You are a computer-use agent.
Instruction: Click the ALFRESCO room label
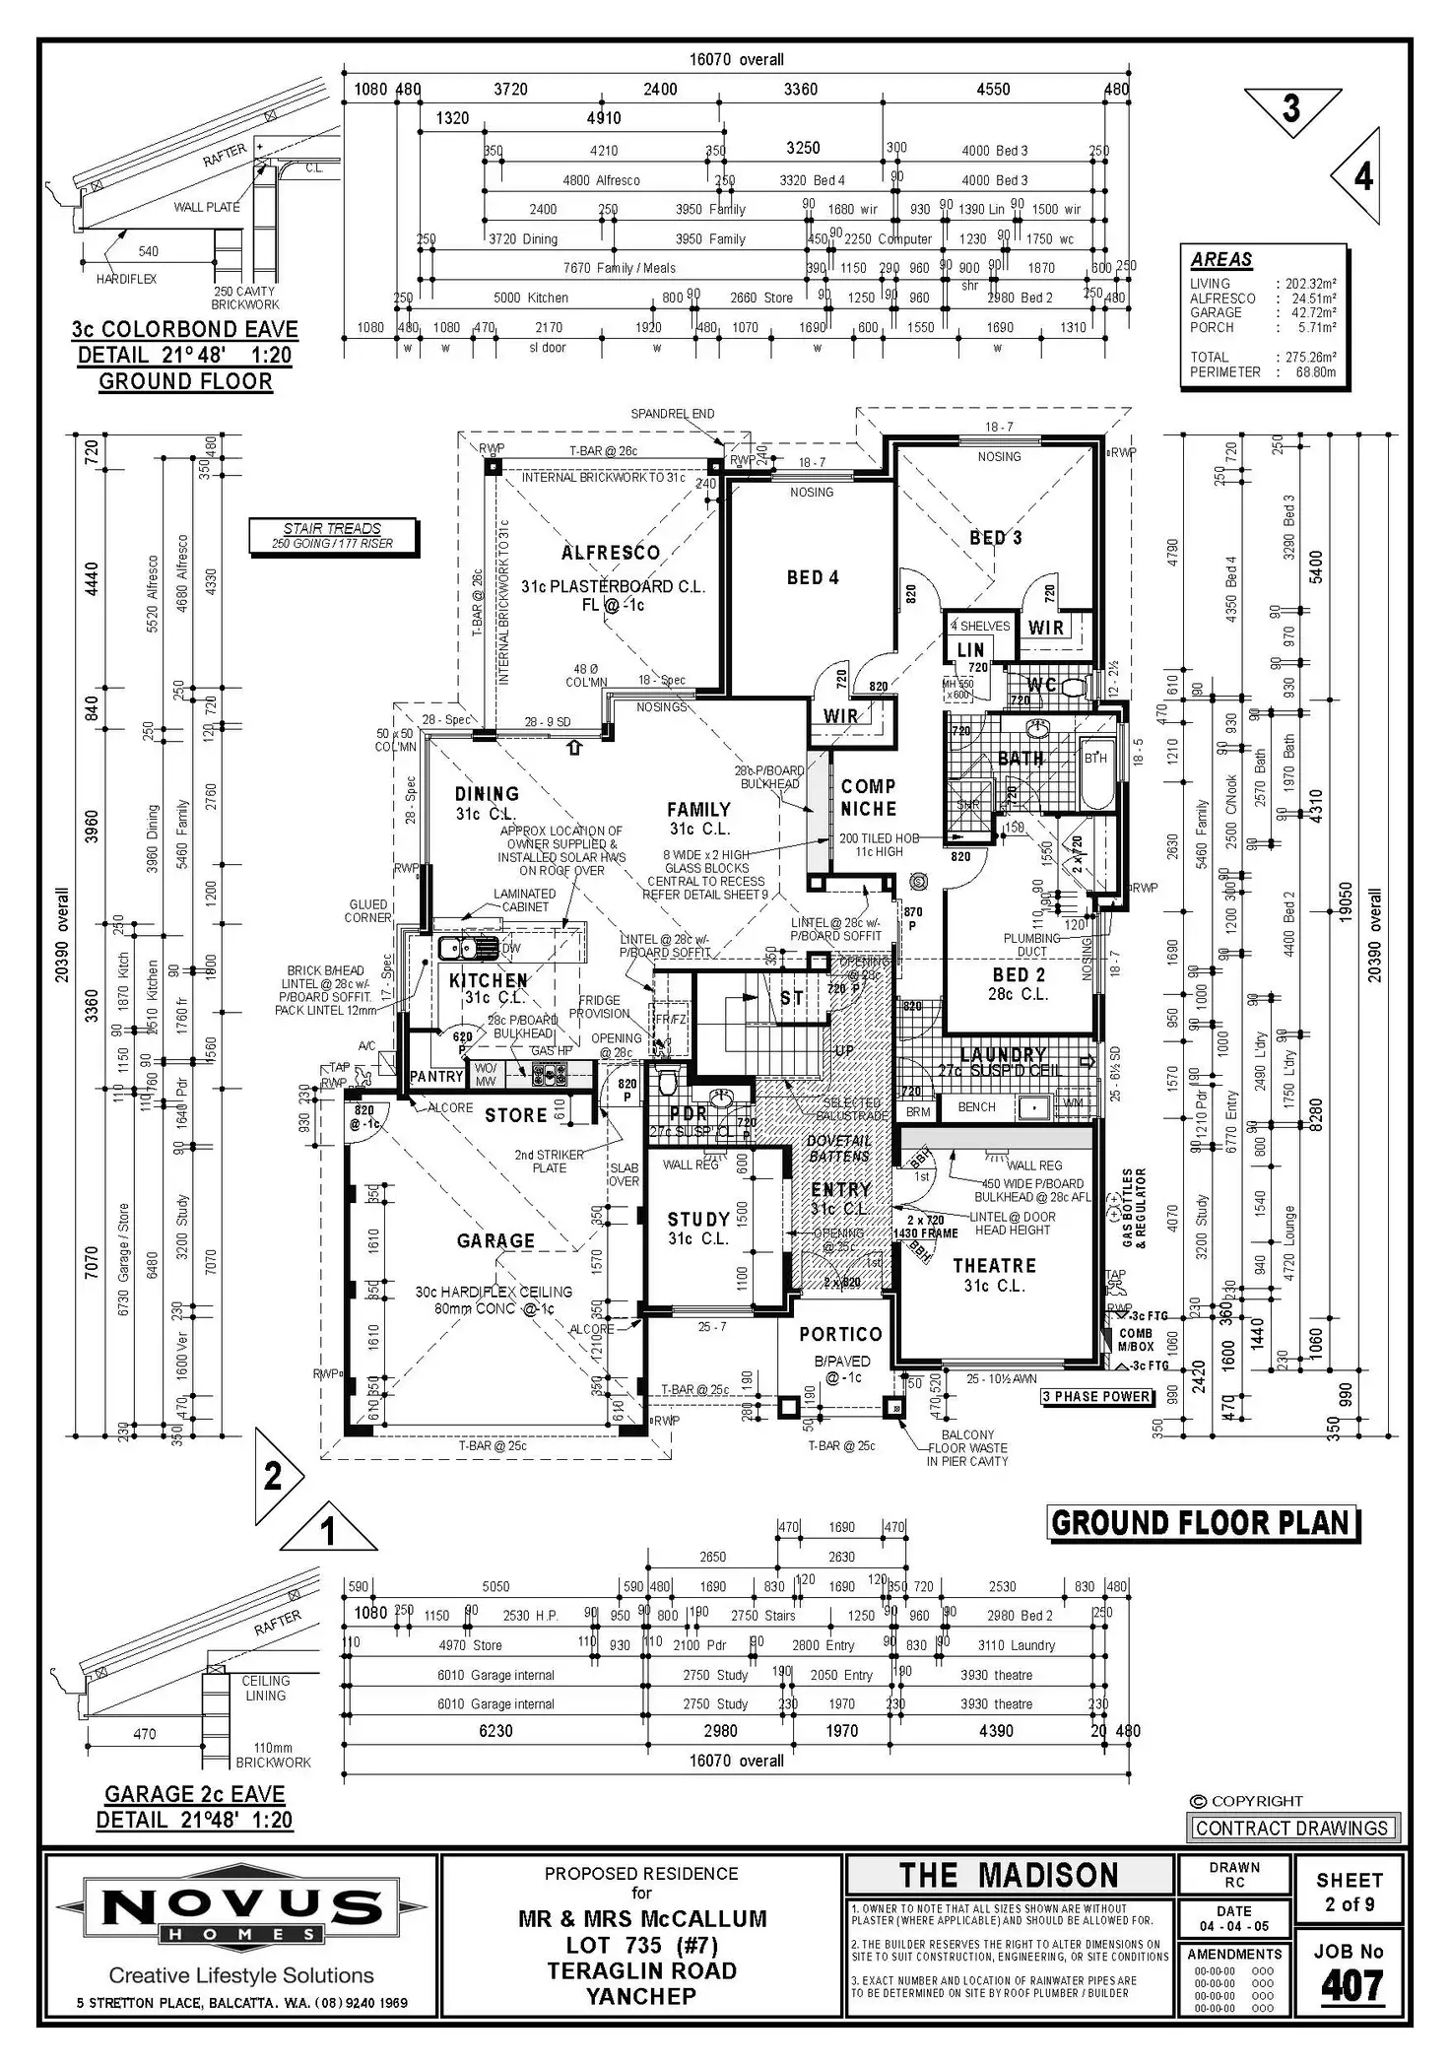click(x=611, y=553)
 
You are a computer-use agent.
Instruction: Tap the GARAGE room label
click(x=495, y=1240)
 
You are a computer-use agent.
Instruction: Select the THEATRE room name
click(x=994, y=1265)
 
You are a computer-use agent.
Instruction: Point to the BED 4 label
click(x=813, y=577)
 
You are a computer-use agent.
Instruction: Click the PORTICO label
click(x=840, y=1334)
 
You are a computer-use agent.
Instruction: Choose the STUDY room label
click(x=698, y=1219)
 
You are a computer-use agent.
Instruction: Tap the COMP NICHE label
click(x=868, y=797)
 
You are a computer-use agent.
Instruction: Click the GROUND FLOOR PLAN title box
click(x=1201, y=1523)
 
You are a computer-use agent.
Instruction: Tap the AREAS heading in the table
click(x=1221, y=259)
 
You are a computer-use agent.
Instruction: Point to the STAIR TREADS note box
click(x=332, y=536)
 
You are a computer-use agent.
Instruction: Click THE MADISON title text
click(x=1009, y=1875)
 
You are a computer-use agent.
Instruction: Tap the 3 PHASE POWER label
click(x=1096, y=1396)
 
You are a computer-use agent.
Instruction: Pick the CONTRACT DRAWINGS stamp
click(x=1291, y=1828)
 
